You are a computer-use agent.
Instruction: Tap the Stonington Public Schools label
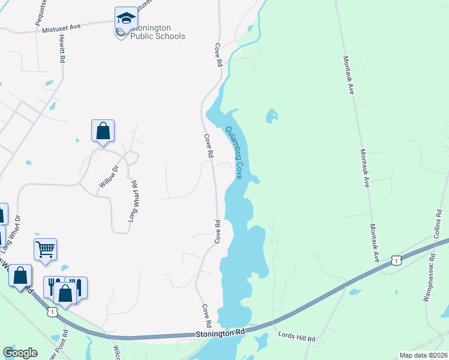coord(150,32)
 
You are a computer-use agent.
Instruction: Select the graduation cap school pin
coord(126,19)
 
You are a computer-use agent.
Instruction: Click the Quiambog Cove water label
coord(234,152)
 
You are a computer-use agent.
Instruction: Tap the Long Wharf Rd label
coord(133,202)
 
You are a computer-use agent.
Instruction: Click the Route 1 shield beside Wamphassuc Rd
coord(396,260)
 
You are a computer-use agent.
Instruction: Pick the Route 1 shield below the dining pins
coord(52,312)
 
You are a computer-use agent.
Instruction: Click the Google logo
coord(20,353)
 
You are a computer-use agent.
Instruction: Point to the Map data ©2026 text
coord(423,355)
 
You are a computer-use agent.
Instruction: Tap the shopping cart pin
coord(46,248)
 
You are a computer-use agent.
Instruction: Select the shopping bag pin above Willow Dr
coord(103,130)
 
